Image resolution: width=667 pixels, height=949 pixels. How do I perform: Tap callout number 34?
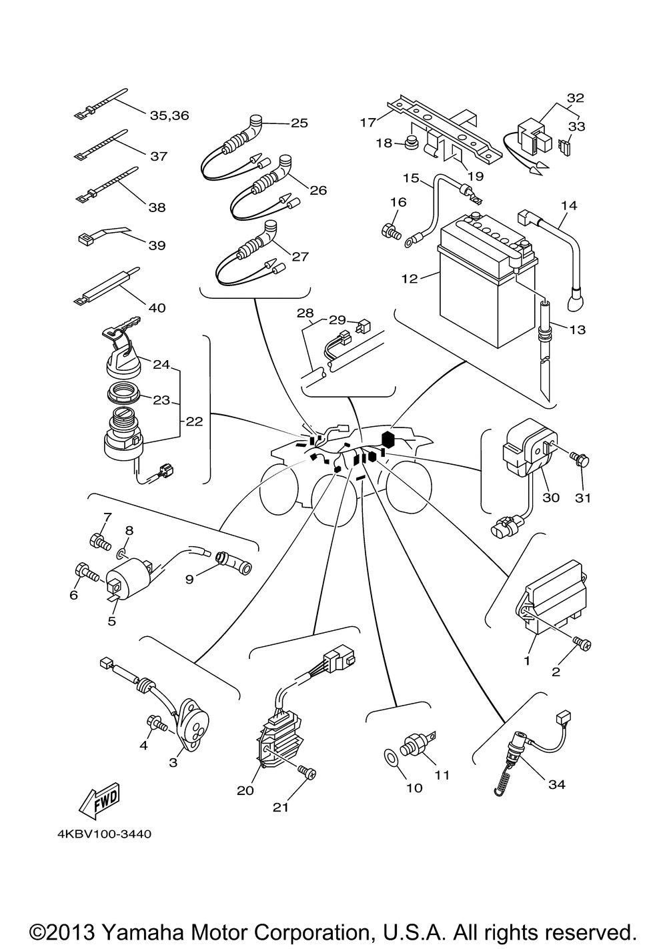pos(556,784)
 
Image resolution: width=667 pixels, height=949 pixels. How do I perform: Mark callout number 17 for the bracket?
pos(368,123)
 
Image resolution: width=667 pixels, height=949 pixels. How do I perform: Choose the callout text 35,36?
pos(169,115)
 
